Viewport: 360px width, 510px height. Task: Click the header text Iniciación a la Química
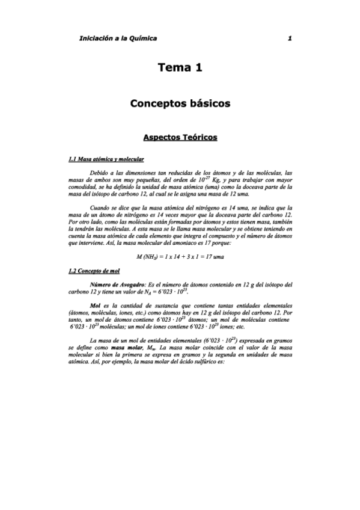pyautogui.click(x=118, y=38)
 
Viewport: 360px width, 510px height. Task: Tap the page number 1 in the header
pyautogui.click(x=290, y=38)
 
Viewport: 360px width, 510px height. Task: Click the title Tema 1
pyautogui.click(x=180, y=68)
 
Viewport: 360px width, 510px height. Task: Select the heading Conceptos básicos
pyautogui.click(x=180, y=103)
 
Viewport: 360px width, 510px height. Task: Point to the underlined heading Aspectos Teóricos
pyautogui.click(x=180, y=138)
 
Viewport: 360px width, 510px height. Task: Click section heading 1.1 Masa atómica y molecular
pyautogui.click(x=106, y=159)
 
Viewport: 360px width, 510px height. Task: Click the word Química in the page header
pyautogui.click(x=142, y=38)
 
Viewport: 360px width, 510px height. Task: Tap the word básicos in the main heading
pyautogui.click(x=207, y=103)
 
